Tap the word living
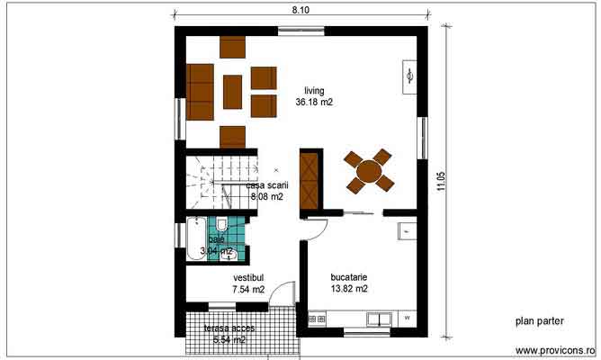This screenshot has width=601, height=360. point(313,91)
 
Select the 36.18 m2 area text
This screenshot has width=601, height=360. point(314,103)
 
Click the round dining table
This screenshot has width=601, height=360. point(369,171)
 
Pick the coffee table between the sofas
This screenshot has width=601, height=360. point(233,91)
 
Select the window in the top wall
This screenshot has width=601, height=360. point(301,32)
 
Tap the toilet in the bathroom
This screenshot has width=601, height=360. point(221,225)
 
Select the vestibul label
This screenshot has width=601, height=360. point(247,277)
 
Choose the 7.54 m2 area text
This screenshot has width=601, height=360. point(247,290)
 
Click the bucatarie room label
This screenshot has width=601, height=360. point(350,277)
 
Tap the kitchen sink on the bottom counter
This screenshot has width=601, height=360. point(379,318)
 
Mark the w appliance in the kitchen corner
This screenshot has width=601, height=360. point(407,318)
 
